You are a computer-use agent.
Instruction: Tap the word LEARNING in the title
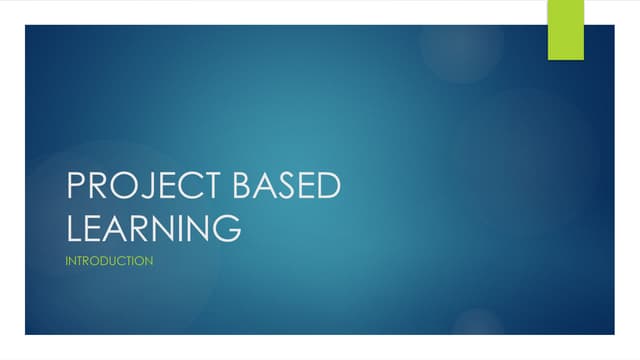153,227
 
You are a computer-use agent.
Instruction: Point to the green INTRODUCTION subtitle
109,261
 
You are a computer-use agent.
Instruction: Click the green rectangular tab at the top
565,29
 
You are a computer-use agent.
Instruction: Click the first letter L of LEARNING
73,227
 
